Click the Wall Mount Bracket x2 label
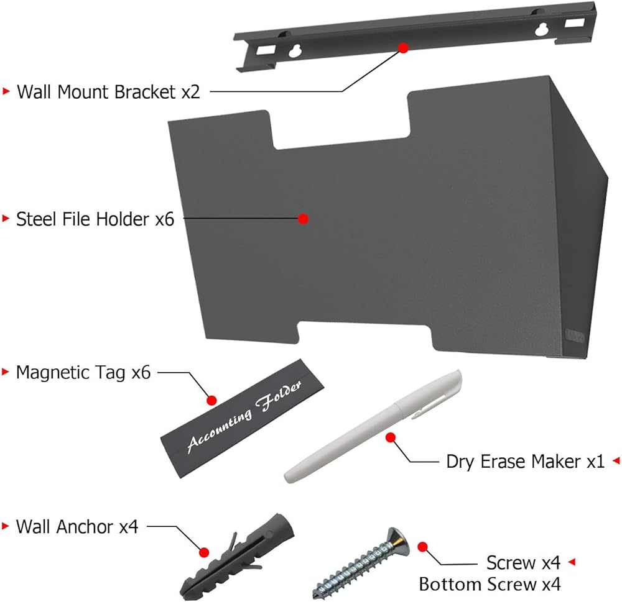click(108, 92)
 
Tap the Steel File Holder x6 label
click(95, 219)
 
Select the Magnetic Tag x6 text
click(83, 373)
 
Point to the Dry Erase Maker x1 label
click(525, 462)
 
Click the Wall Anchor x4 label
click(77, 527)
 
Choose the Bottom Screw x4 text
click(490, 584)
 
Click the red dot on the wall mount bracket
click(404, 48)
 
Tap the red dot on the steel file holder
click(304, 219)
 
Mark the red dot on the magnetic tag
click(212, 400)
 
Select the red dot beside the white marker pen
click(391, 437)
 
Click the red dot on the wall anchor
click(204, 552)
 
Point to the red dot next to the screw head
click(422, 547)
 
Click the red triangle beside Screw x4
click(572, 562)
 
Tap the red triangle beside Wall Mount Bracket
click(6, 91)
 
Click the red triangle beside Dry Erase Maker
click(616, 460)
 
